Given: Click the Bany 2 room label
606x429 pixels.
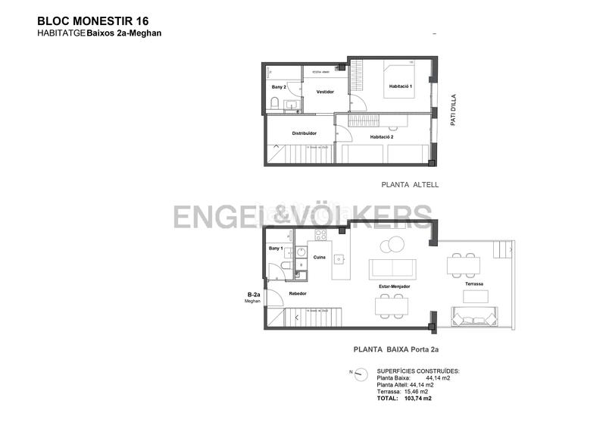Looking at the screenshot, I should (x=278, y=87).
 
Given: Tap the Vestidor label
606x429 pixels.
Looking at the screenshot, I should (x=325, y=92).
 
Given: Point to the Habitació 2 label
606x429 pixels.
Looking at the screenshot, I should (x=381, y=137).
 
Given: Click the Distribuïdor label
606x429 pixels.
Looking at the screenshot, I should (x=304, y=133).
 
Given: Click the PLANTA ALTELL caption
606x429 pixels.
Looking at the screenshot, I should (x=408, y=184).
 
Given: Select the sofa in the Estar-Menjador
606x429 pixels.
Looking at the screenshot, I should (x=392, y=268).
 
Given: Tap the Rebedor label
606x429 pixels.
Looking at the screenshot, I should (x=298, y=292).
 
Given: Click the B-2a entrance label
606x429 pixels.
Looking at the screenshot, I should (x=254, y=295).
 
